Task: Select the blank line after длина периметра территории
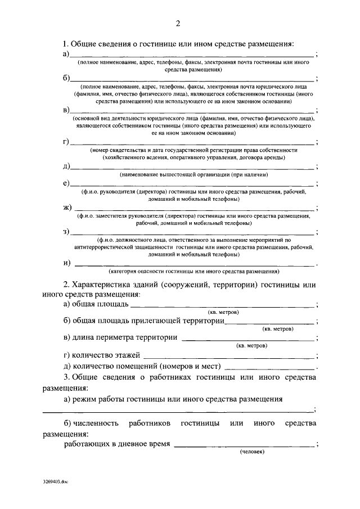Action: (x=248, y=338)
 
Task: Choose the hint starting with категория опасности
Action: (x=191, y=271)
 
